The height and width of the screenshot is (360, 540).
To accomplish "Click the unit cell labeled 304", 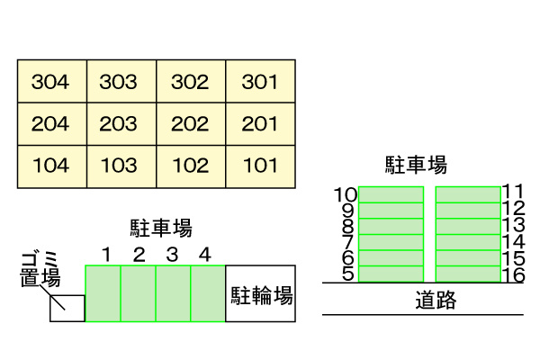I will tap(51, 82).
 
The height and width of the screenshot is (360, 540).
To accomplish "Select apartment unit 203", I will tap(121, 124).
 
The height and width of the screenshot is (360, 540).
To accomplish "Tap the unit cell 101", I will tap(259, 166).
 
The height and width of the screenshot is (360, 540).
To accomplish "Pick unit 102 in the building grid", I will tap(190, 166).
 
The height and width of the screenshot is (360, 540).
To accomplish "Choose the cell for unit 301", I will tap(259, 82).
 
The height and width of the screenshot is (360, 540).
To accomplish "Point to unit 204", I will tap(51, 124).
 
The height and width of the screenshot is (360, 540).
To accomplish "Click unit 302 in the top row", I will tap(190, 82).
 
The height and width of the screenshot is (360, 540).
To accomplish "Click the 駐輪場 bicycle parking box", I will tap(261, 294).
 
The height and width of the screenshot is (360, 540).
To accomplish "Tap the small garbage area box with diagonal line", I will tap(67, 308).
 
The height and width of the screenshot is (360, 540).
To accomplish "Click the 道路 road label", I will tap(436, 299).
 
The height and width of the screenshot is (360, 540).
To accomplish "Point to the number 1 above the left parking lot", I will tap(106, 255).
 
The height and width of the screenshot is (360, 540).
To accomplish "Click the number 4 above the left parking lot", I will tap(205, 255).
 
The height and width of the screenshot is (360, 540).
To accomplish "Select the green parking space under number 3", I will tap(173, 293).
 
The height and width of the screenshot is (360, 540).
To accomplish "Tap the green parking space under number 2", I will tap(139, 293).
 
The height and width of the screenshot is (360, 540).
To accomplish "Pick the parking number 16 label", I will tap(513, 274).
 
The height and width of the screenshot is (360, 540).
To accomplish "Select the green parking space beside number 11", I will tap(468, 194).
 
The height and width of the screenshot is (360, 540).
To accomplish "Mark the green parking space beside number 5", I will tap(391, 274).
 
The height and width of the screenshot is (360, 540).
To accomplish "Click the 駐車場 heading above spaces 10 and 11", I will tap(416, 165).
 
